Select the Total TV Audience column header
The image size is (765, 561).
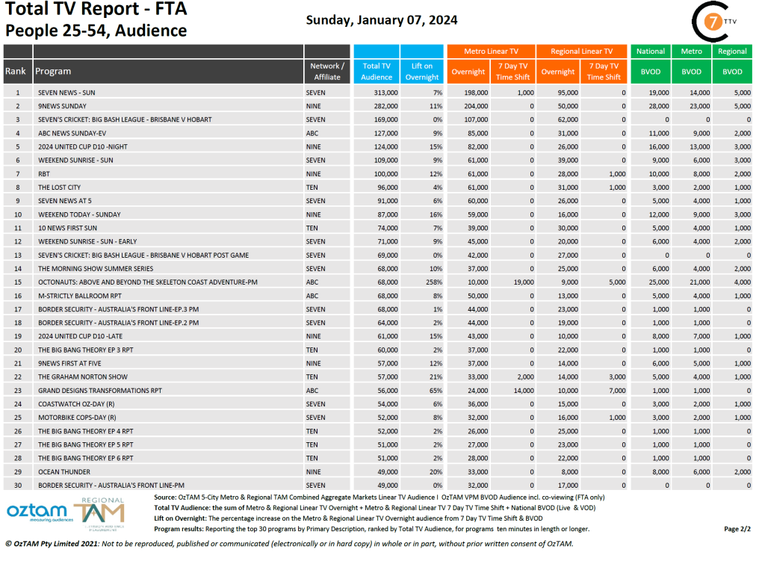[377, 71]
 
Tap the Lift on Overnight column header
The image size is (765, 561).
[422, 71]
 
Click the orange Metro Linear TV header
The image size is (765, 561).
[491, 52]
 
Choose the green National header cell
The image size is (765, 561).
[650, 52]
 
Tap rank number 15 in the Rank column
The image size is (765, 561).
[17, 282]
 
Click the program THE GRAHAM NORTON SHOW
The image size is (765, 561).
[83, 377]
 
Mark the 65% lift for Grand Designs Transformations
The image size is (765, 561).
[435, 391]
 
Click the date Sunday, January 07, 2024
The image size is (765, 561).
[382, 20]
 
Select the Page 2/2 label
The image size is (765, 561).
[737, 529]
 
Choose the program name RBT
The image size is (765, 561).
[45, 174]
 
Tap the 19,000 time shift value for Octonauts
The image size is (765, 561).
[521, 282]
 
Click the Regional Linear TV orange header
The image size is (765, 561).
[581, 52]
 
